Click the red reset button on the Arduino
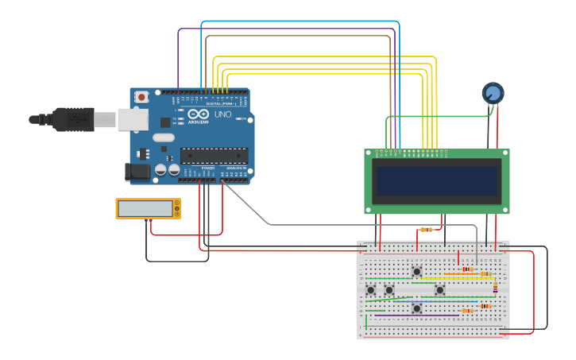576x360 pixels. point(141,97)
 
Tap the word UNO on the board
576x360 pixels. point(223,114)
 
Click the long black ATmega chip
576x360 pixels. point(214,156)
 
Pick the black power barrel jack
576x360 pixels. point(137,171)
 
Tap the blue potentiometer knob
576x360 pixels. point(493,94)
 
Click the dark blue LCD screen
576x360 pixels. point(437,181)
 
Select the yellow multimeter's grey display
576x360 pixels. point(145,208)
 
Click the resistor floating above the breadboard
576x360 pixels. point(427,230)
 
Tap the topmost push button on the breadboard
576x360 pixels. point(416,272)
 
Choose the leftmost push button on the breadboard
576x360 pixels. point(371,290)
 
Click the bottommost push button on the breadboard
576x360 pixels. point(416,308)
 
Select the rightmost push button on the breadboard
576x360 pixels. point(439,290)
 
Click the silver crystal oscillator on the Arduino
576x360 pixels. point(163,137)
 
